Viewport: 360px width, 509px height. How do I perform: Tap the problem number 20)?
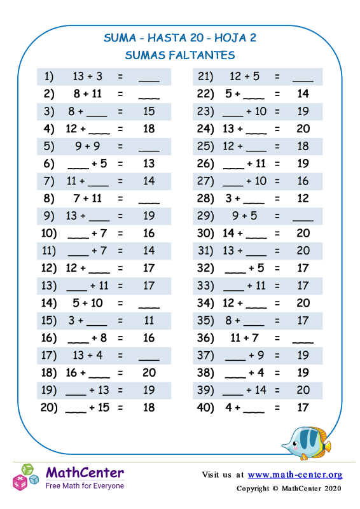click(49, 408)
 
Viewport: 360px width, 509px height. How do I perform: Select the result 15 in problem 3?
click(149, 111)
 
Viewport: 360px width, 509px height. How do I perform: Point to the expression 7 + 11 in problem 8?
click(88, 199)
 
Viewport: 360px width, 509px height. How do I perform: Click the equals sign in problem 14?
click(120, 285)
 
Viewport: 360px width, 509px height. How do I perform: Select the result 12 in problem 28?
click(303, 199)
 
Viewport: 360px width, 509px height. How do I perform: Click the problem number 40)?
click(205, 408)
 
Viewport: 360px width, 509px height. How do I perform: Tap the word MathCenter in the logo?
click(85, 473)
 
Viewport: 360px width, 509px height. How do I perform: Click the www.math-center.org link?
click(295, 475)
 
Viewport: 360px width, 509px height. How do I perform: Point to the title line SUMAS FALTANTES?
click(180, 55)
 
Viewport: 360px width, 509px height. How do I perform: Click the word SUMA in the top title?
click(120, 38)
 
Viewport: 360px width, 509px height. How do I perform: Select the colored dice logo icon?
click(26, 477)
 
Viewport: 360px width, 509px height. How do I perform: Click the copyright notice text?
click(289, 489)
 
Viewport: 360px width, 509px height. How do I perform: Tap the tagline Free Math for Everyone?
click(85, 485)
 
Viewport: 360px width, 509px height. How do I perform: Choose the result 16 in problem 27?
click(303, 181)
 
